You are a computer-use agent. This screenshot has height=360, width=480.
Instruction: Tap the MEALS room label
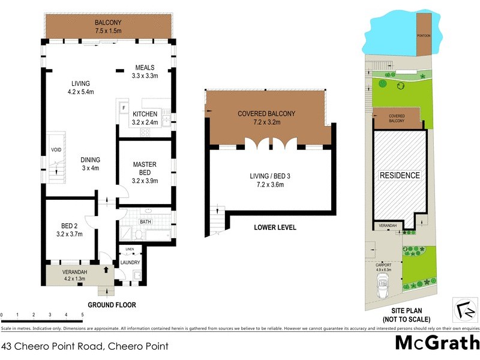point(145,67)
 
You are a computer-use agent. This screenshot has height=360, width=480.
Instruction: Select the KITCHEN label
point(145,114)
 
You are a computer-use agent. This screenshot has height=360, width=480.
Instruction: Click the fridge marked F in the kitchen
point(123,108)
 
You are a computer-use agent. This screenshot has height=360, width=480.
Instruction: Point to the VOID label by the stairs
point(56,150)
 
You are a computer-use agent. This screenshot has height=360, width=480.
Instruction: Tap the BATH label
point(145,221)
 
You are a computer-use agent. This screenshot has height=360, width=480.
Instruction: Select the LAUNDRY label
point(130,262)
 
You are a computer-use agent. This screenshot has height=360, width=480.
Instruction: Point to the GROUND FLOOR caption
point(112,305)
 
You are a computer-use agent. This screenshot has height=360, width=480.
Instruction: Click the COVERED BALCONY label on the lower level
point(267,113)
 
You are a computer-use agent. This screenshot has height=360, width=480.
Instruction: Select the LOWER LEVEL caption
point(275,228)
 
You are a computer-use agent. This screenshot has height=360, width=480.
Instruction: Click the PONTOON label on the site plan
point(424,36)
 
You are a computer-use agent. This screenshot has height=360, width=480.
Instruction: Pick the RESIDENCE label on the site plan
point(399,175)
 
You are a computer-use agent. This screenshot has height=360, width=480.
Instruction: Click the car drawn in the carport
point(383,290)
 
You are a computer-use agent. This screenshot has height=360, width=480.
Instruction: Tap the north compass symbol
point(463,310)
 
